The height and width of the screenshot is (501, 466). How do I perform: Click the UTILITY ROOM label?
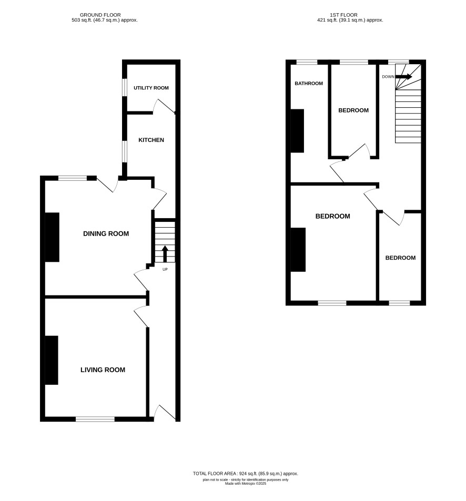point(151,88)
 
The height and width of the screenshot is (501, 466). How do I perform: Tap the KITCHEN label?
point(151,140)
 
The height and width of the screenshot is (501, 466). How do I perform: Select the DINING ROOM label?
point(106,233)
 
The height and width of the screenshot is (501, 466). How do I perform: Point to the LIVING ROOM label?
point(103,370)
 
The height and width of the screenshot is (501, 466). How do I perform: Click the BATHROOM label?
point(309,84)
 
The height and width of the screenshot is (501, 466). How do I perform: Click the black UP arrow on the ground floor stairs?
point(165,254)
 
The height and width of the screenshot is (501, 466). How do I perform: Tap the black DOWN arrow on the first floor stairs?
point(404,77)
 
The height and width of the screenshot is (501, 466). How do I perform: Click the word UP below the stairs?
point(165,269)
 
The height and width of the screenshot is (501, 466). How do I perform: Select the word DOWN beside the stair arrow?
point(388,77)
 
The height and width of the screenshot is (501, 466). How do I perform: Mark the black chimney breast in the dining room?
point(52,237)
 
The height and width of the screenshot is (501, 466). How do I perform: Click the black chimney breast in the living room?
point(52,360)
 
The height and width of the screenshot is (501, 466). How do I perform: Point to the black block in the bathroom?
point(297,131)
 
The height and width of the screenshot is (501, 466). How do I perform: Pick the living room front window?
point(95,419)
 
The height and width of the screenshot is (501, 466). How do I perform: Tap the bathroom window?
point(307,62)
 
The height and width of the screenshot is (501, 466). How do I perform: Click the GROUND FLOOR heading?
point(100,15)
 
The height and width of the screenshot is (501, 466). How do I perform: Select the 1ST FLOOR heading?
point(343,15)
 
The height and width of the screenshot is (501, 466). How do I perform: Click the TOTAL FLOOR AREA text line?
point(246,474)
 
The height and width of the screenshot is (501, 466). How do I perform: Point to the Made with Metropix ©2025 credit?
point(246,484)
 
